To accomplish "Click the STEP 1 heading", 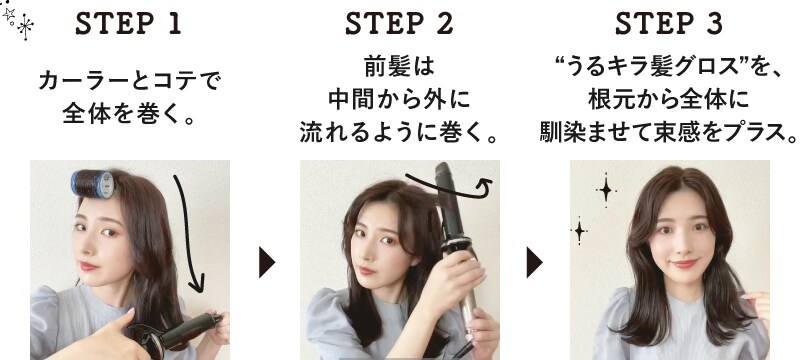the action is pos(128,24).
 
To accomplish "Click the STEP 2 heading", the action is pos(399,24).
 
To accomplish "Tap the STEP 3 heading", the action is pos(669,24).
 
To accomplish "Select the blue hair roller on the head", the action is pos(93,185).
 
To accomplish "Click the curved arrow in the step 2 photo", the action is pos(449,188).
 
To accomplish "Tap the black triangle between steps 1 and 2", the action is pos(266,262).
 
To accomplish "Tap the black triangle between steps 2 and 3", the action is pos(534,262).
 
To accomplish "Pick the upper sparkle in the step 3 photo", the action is pos(606,190).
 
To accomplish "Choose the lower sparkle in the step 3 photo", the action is pos(579,231).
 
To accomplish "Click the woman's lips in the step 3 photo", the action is pos(684,264).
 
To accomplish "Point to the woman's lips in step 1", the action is pos(88,266).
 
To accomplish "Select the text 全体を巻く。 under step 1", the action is pos(128,113).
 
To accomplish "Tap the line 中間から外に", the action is pos(399,100).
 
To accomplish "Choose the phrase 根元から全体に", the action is pos(669,100).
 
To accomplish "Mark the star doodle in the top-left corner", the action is pos(18,20).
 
